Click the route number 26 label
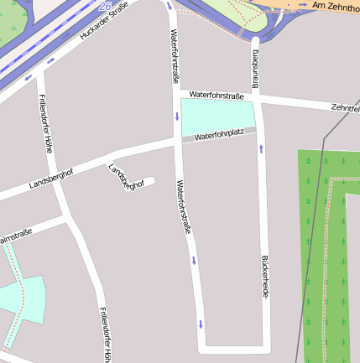click(x=105, y=6)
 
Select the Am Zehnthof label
click(x=335, y=7)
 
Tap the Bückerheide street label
click(x=265, y=277)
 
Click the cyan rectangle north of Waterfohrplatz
click(x=217, y=115)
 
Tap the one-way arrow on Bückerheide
click(x=261, y=148)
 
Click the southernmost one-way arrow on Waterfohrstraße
click(x=201, y=324)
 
